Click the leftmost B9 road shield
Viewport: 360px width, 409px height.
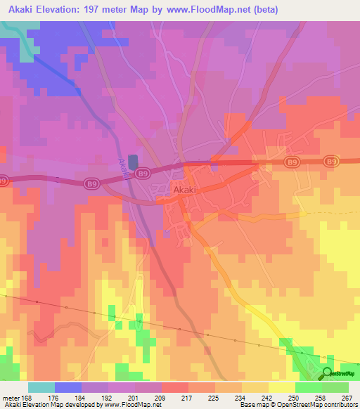click(3, 180)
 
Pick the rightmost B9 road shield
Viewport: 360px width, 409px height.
click(330, 162)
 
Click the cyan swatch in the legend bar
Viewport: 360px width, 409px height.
click(41, 387)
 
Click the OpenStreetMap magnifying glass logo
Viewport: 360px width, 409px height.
click(328, 374)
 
